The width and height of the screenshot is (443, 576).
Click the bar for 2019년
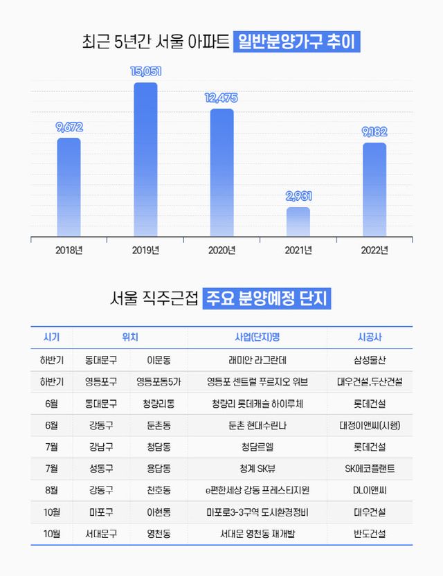pos(145,159)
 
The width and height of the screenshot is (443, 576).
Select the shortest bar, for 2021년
pos(298,222)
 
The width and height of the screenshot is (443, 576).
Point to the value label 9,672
pos(69,127)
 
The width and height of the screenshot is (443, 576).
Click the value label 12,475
pos(221,98)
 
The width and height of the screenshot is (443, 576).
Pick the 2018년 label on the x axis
pos(69,250)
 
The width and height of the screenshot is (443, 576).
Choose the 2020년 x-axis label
pos(221,250)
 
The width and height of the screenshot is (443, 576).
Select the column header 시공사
pos(374,337)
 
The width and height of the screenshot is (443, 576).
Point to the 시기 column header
pos(52,337)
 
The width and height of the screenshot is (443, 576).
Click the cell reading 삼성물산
pos(374,359)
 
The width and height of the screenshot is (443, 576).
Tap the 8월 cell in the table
pos(52,490)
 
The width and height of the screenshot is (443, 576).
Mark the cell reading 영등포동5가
pos(159,381)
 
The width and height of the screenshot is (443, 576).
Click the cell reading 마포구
pos(101,512)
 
